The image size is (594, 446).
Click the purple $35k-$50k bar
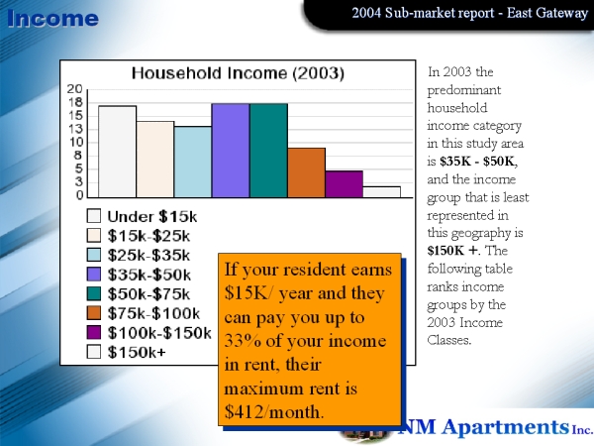coord(231,151)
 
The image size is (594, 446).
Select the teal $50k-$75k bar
coord(268,151)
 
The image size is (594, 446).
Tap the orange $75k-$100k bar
coord(306,172)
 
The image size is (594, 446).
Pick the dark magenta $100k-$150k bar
coord(344,184)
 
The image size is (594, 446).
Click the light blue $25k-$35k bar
coord(193,162)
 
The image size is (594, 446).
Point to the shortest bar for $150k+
coord(381,192)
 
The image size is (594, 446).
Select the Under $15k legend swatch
coord(94,216)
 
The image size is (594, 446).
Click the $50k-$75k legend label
coord(148,294)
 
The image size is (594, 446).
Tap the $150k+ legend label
coord(137,352)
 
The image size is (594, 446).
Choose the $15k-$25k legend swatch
coord(94,235)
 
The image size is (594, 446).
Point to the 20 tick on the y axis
coord(74,89)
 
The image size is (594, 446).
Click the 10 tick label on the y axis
coord(75,142)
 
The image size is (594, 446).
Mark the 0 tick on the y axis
coord(79,195)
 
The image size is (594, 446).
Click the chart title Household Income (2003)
coord(238,72)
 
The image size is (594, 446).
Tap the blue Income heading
coord(52,18)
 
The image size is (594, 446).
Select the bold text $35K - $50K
coord(478,162)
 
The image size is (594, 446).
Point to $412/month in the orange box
coord(274,411)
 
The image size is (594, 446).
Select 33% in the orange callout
coord(243,341)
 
